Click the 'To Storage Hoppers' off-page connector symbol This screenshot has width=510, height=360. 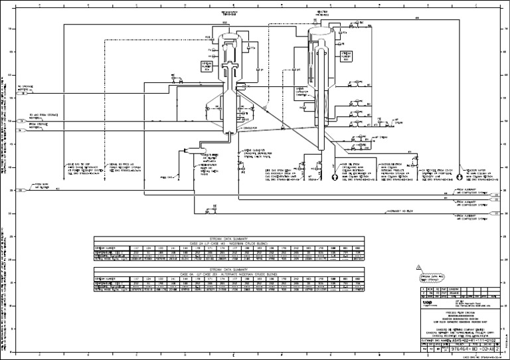click(23, 94)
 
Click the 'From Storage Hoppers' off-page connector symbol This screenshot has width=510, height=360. click(23, 130)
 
